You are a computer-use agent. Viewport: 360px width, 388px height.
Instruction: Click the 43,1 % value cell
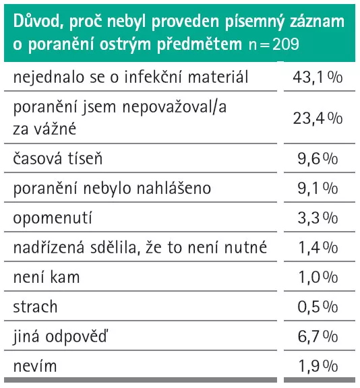click(x=318, y=77)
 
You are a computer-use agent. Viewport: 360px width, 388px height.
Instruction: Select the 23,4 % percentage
click(x=318, y=119)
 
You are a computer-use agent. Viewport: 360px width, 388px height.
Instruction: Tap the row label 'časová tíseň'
click(x=58, y=158)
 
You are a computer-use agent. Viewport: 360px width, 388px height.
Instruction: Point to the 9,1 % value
click(x=318, y=188)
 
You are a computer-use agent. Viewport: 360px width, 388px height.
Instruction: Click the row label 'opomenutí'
click(x=53, y=218)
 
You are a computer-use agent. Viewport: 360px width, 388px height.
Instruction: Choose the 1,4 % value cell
click(x=318, y=247)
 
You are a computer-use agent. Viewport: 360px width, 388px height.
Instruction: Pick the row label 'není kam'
click(x=47, y=277)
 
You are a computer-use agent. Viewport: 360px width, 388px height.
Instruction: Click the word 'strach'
click(x=35, y=306)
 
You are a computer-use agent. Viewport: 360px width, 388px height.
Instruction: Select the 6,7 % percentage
click(x=318, y=336)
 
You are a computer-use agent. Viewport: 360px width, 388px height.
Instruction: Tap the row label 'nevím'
click(x=35, y=366)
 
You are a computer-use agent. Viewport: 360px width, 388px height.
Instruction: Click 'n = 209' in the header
click(x=274, y=44)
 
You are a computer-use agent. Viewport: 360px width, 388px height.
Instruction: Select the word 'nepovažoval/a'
click(x=175, y=107)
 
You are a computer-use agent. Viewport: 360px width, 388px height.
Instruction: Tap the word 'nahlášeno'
click(x=174, y=188)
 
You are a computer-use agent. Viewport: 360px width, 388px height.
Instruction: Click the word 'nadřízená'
click(x=49, y=247)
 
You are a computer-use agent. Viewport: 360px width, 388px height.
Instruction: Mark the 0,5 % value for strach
click(x=318, y=306)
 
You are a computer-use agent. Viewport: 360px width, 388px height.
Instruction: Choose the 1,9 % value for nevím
click(x=318, y=366)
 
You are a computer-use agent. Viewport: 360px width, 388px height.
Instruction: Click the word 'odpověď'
click(x=77, y=337)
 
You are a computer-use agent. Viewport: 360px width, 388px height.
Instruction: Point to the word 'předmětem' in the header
click(x=200, y=44)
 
